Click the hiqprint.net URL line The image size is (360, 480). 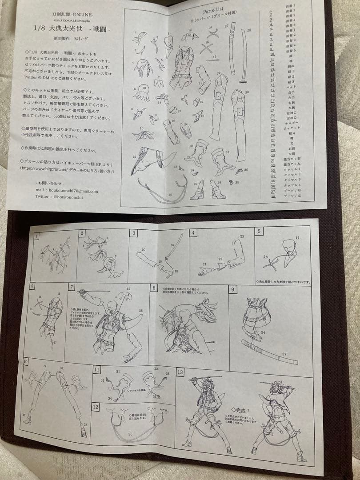[67, 170]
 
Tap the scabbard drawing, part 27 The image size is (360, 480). [232, 49]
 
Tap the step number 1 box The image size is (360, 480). [36, 236]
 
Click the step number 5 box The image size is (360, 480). [260, 231]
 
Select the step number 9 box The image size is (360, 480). [233, 289]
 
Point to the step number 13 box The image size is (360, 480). [180, 372]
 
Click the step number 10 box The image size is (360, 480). [25, 361]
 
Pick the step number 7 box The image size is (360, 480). [72, 287]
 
